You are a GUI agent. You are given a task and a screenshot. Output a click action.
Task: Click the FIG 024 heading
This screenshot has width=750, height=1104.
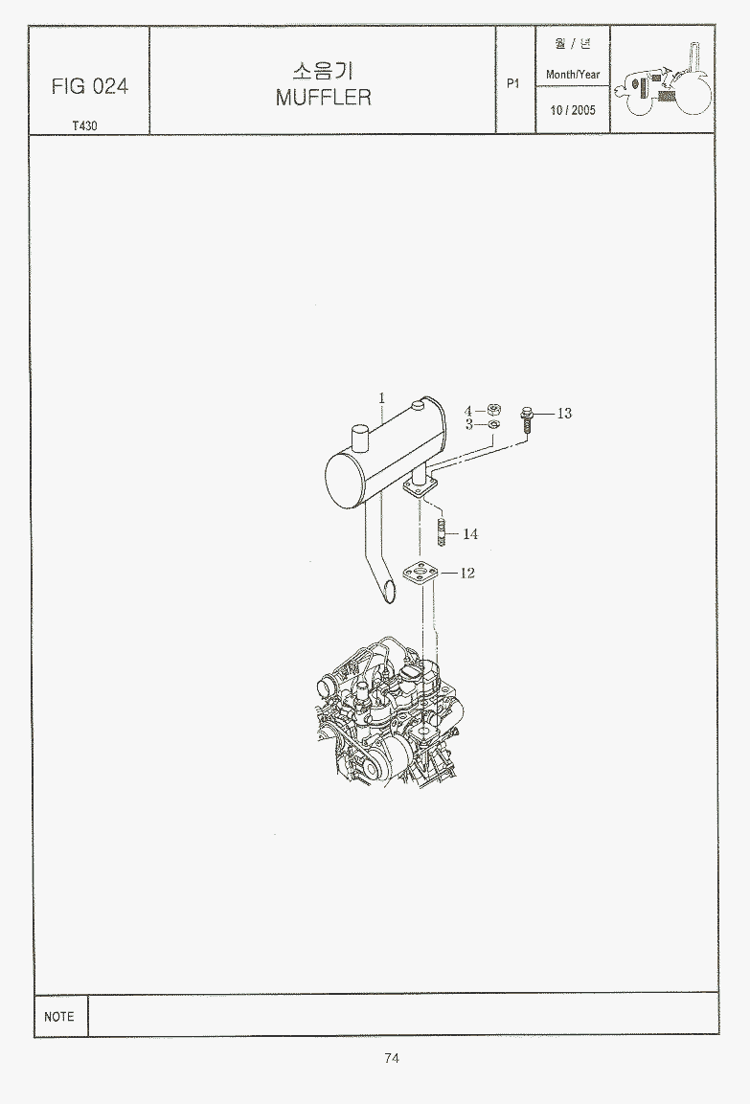pyautogui.click(x=89, y=86)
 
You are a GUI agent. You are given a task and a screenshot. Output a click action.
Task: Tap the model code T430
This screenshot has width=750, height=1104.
pyautogui.click(x=84, y=126)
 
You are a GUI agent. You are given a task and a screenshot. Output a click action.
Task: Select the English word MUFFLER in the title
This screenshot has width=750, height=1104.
pyautogui.click(x=323, y=97)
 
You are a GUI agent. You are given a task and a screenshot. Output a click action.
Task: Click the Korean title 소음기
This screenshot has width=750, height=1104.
pyautogui.click(x=323, y=71)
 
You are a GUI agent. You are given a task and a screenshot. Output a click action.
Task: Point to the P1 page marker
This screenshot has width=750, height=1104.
pyautogui.click(x=513, y=83)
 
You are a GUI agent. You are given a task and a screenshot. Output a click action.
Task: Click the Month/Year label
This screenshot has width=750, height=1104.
pyautogui.click(x=573, y=74)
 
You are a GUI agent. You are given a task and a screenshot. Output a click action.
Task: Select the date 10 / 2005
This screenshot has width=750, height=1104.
pyautogui.click(x=573, y=110)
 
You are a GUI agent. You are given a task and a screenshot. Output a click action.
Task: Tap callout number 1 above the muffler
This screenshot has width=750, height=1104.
pyautogui.click(x=381, y=397)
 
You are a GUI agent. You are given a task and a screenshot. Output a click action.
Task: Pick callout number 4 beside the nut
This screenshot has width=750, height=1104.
pyautogui.click(x=468, y=411)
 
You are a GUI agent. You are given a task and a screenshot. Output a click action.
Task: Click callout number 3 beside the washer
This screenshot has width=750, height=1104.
pyautogui.click(x=469, y=424)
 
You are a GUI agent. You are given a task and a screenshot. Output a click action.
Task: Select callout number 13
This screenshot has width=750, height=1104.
pyautogui.click(x=564, y=414)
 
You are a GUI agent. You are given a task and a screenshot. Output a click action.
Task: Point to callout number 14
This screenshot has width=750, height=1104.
pyautogui.click(x=470, y=533)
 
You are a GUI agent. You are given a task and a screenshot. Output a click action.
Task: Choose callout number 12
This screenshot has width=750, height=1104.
pyautogui.click(x=466, y=574)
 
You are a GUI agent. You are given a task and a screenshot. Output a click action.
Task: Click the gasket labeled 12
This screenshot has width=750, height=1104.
pyautogui.click(x=421, y=574)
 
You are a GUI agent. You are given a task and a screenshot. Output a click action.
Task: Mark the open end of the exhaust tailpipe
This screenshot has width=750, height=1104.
pyautogui.click(x=387, y=591)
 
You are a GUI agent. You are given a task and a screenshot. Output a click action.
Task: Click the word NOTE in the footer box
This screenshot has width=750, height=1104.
pyautogui.click(x=59, y=1016)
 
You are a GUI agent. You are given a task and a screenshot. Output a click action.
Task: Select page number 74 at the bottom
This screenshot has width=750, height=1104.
pyautogui.click(x=393, y=1057)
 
